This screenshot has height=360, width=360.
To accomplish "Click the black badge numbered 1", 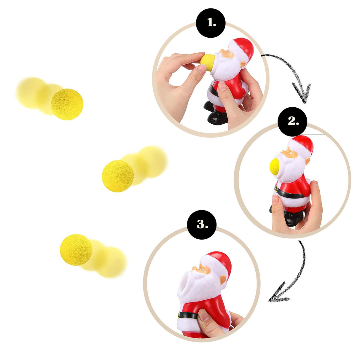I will point(211,23).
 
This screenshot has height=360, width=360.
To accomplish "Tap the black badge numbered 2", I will point(292,121).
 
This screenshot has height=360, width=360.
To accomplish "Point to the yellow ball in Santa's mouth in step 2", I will point(274,166).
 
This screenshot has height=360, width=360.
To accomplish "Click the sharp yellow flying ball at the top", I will point(67,104).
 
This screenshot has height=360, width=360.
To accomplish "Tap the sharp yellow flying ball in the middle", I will point(118,176).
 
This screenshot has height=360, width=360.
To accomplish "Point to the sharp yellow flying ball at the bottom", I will point(76,249).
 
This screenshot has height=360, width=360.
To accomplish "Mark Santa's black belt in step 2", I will point(292,194).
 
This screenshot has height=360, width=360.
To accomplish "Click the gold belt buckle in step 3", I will point(179,315).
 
